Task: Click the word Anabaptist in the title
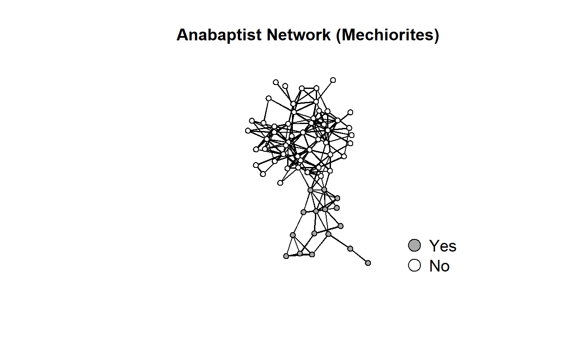pos(219,35)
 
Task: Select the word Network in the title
pos(298,35)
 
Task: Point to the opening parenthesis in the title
pos(338,36)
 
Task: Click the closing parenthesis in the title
pos(437,36)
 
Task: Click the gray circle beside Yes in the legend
pos(414,245)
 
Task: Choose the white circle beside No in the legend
pos(414,265)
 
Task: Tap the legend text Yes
pos(443,246)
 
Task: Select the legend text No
pos(439,266)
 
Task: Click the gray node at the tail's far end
pos(368,263)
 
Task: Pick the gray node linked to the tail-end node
pos(350,249)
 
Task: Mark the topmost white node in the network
pos(333,80)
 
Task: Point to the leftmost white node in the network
pos(248,131)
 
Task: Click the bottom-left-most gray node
pos(286,256)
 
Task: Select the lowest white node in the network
pos(280,183)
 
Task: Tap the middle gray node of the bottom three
pos(300,253)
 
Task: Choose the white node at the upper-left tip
pos(275,82)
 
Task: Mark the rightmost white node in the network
pos(351,135)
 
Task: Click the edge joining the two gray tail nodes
pos(359,256)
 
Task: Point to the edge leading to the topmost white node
pos(324,91)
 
